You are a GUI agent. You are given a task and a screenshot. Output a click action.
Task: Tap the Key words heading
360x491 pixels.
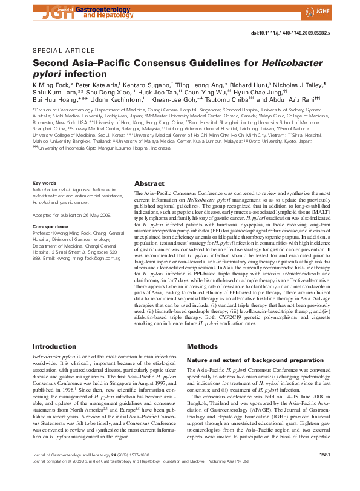tap(44, 183)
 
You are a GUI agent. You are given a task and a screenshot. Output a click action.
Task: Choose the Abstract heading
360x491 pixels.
tap(149, 183)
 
